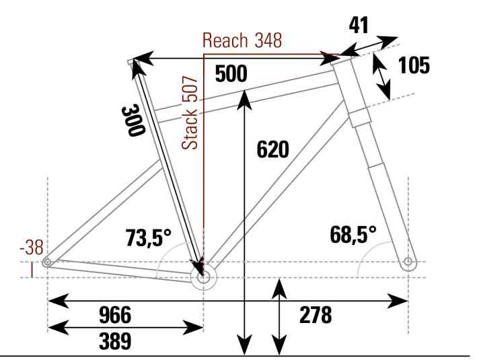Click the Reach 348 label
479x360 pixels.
[x=244, y=41]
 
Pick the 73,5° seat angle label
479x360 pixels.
[x=148, y=237]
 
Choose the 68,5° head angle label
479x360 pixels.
[x=353, y=235]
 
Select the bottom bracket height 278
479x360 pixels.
[x=317, y=315]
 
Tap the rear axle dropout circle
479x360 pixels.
[x=46, y=262]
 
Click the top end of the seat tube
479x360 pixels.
[x=131, y=63]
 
